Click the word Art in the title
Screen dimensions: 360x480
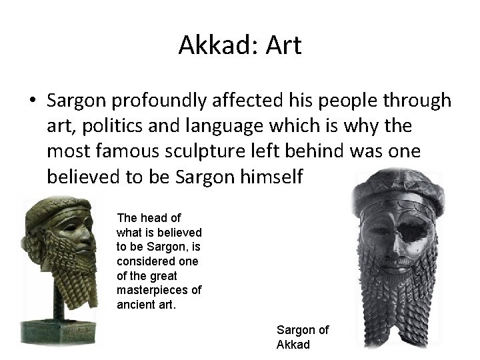283,45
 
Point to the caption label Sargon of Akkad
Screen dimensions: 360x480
302,337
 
